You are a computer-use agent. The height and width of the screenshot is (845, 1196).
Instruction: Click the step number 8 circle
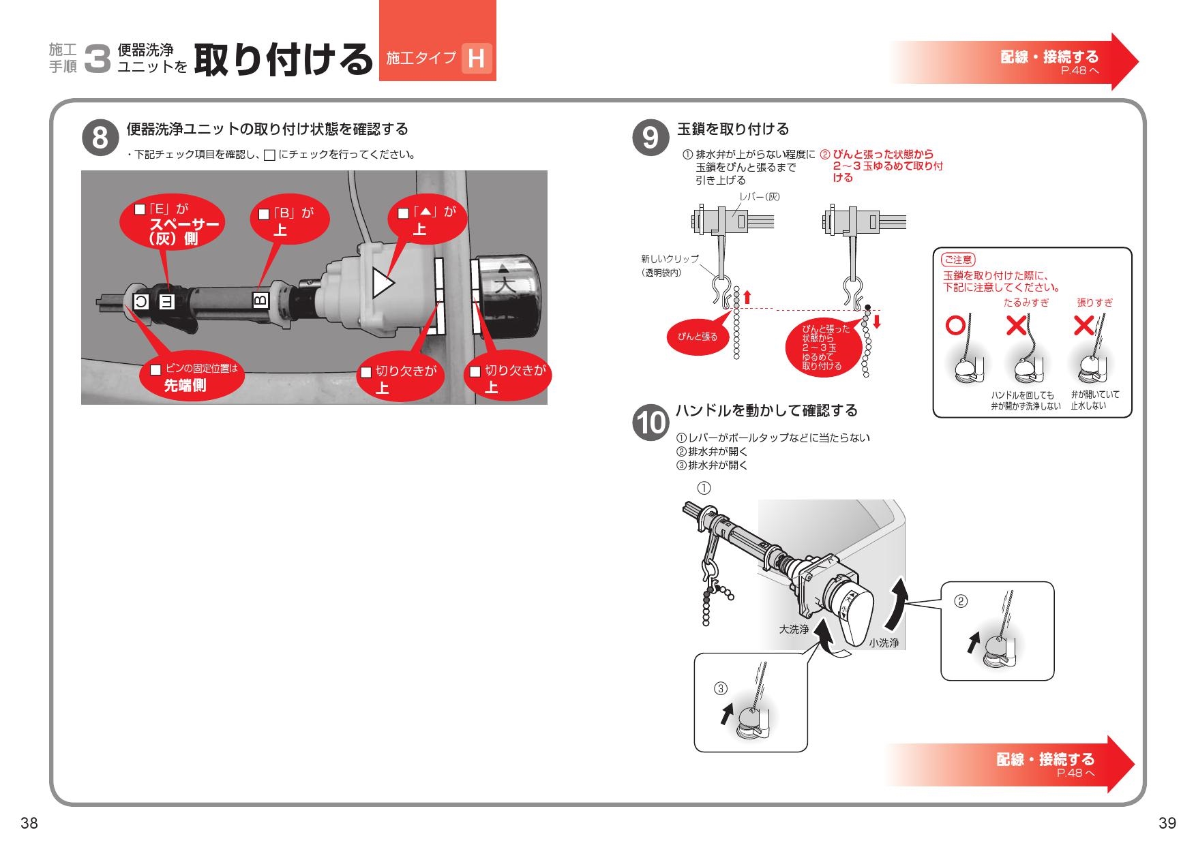point(100,138)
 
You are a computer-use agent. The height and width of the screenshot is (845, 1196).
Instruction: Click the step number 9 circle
point(650,138)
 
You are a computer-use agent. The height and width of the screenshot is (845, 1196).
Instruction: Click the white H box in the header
point(476,59)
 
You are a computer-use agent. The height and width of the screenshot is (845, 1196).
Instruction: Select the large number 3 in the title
point(98,59)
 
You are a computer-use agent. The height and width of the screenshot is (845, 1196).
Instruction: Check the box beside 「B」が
point(263,215)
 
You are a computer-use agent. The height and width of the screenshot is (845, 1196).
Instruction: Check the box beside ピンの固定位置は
point(155,370)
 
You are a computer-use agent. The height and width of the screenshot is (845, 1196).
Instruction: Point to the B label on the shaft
point(260,299)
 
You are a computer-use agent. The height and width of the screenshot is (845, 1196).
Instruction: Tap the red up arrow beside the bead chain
point(747,297)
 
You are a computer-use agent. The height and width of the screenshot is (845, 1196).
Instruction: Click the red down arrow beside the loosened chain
point(877,321)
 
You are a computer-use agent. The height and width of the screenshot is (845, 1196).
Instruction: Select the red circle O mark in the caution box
point(955,326)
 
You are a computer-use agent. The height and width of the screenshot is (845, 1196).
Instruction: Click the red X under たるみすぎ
point(1017,326)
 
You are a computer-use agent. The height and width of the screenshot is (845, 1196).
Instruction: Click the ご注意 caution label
point(958,260)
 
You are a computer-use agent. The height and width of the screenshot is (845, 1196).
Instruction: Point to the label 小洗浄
point(884,643)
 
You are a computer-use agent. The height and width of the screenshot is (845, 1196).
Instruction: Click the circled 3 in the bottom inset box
point(721,688)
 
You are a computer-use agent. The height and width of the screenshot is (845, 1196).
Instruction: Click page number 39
point(1167,823)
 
